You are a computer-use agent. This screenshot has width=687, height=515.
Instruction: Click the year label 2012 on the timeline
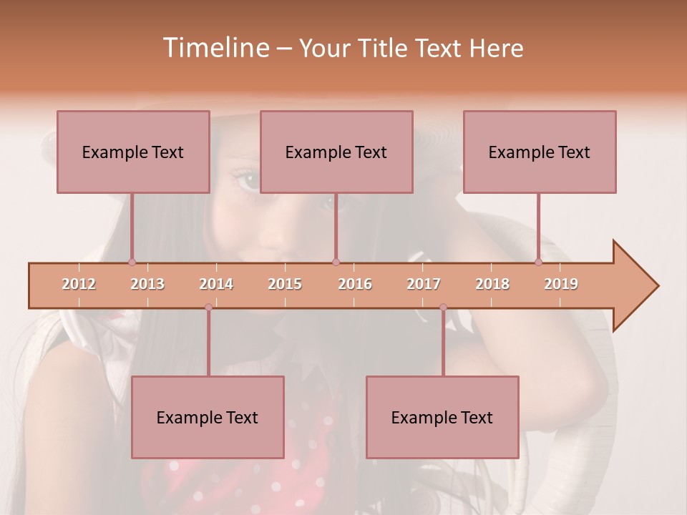[79, 284]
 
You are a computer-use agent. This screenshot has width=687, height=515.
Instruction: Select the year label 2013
[147, 284]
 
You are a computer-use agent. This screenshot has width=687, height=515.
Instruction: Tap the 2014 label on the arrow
[216, 284]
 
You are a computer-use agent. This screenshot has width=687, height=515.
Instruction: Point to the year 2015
[285, 284]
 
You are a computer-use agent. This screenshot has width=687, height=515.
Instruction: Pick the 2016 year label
[355, 284]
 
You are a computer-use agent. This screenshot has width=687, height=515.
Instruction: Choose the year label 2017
[424, 284]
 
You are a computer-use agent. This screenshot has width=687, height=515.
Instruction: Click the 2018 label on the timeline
[492, 284]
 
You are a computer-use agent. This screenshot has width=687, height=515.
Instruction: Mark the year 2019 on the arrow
[561, 284]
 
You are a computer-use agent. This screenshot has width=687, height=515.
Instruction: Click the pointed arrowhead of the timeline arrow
[636, 286]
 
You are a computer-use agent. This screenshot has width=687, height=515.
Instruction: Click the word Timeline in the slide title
[215, 48]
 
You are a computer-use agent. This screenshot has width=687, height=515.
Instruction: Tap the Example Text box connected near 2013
[133, 152]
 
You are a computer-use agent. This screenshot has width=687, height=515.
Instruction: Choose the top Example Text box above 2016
[336, 152]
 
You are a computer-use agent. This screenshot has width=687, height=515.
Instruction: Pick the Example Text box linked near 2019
[540, 152]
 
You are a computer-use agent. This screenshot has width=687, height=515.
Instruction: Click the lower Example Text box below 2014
[208, 417]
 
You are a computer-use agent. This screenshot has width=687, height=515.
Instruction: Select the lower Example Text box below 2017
[442, 417]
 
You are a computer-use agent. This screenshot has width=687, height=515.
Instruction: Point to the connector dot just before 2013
[132, 263]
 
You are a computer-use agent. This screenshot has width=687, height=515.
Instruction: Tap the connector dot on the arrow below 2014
[208, 307]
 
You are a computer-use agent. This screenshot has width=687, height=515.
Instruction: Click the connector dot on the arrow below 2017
[443, 308]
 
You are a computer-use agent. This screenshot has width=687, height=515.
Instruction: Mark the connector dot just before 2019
[538, 263]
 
